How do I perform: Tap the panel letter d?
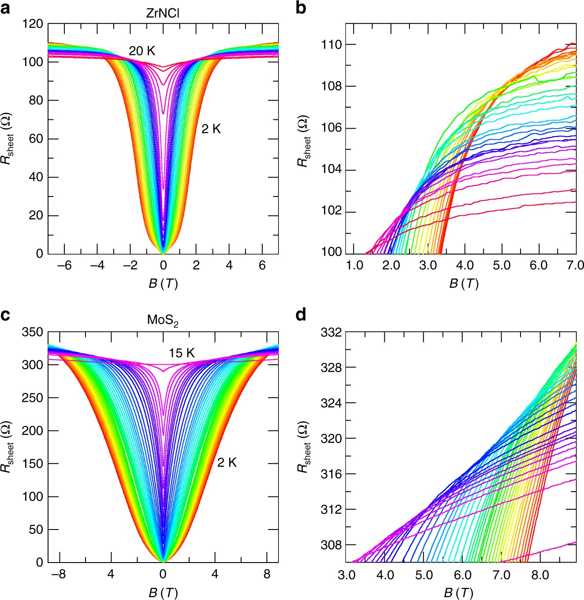[301, 315]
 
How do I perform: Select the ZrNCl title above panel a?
[163, 13]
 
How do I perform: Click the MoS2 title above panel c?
[163, 320]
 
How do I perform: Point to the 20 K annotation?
[142, 51]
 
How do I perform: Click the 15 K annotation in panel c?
[182, 353]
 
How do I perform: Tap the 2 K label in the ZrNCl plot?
[211, 129]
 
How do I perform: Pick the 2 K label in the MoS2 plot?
[227, 463]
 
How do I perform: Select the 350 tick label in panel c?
[33, 332]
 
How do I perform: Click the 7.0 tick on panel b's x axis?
[575, 265]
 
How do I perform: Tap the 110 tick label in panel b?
[331, 44]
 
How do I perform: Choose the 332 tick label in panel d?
[331, 332]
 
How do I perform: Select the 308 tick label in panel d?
[331, 545]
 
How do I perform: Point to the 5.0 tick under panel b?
[502, 265]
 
